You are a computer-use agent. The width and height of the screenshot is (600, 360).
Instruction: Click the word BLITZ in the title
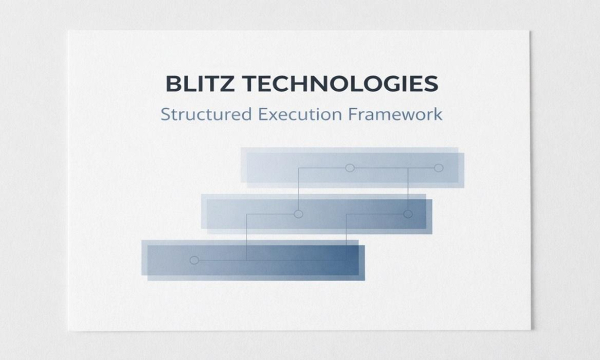(200, 83)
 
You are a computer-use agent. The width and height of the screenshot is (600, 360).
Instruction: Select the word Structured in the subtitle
(206, 114)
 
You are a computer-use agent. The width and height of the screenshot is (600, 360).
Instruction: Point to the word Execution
(300, 114)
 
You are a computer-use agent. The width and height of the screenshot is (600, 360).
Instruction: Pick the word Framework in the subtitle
(395, 114)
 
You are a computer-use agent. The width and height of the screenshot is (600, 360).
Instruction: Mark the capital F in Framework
(353, 114)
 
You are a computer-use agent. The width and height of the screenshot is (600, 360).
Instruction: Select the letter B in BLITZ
(173, 83)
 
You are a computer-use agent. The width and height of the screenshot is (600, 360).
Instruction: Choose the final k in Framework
(437, 114)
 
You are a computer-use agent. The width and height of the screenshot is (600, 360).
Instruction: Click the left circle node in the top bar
(350, 168)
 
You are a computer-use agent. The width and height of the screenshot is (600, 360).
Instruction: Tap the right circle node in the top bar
(438, 168)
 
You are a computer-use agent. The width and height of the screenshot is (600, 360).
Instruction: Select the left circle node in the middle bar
(298, 214)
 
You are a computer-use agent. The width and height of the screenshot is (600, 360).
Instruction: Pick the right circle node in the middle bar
(407, 214)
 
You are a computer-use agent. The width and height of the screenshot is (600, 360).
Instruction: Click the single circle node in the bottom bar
(194, 260)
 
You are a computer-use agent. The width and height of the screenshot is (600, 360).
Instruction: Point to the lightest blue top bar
(352, 167)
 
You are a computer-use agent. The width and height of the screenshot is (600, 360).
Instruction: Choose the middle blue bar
(316, 214)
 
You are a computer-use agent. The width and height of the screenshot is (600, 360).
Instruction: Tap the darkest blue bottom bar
(253, 260)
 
